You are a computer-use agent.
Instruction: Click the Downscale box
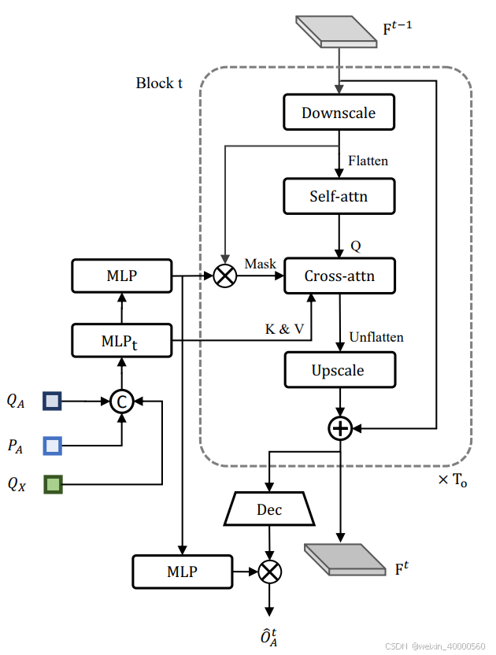339,113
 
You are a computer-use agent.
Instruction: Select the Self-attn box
339,194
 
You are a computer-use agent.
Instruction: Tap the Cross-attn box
339,276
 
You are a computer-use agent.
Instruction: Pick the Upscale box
339,370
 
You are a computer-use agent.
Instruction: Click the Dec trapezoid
269,509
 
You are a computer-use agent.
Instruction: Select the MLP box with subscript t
121,340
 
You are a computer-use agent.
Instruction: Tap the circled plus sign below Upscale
339,427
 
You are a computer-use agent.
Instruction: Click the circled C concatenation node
122,402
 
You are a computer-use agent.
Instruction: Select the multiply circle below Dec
270,572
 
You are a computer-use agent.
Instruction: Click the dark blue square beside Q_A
53,402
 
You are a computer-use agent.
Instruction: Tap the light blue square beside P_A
53,446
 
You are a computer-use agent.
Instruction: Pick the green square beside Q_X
53,484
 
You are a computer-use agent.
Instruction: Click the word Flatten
368,161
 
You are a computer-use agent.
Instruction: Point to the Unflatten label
375,337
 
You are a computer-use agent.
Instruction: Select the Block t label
159,83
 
